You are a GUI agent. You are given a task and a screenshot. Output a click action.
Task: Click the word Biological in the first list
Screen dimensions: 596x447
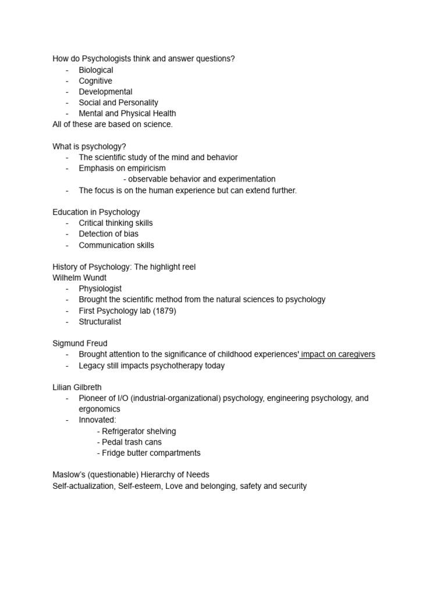tap(96, 70)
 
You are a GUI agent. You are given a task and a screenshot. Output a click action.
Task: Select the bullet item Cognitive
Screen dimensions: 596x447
tap(95, 81)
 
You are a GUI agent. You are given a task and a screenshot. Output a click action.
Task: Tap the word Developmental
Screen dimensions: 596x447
tap(105, 91)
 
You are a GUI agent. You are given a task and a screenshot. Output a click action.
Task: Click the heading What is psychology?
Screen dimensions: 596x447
tap(89, 146)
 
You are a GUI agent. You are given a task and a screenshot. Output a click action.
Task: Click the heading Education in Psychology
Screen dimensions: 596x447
tap(96, 212)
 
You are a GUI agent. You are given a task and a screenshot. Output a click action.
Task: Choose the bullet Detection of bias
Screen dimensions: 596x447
tap(109, 234)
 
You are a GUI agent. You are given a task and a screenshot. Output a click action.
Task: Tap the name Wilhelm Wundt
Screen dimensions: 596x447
tap(80, 278)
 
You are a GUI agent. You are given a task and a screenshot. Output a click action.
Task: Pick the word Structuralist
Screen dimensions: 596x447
tap(100, 321)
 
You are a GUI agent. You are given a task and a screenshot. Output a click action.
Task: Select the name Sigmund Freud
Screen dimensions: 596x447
tap(80, 343)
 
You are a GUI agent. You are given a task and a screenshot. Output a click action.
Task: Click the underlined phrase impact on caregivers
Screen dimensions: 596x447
tap(338, 354)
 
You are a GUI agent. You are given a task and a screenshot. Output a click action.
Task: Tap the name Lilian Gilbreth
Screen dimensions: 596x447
tap(78, 387)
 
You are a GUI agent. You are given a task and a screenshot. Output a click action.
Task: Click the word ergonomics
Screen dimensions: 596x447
tap(100, 409)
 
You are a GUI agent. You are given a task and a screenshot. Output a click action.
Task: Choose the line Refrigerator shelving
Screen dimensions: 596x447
tap(139, 431)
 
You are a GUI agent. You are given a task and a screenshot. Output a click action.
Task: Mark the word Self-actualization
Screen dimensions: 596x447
tap(83, 485)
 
